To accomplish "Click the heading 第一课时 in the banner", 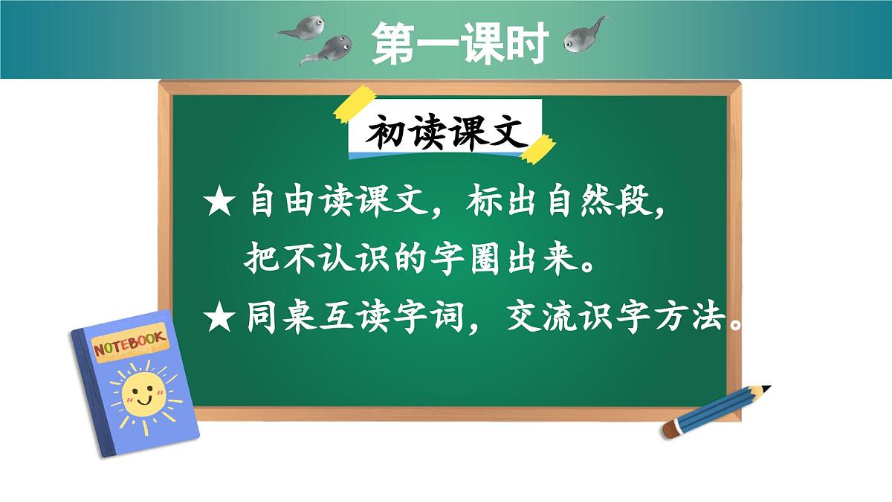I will (461, 42).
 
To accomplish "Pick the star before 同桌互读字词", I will (219, 319).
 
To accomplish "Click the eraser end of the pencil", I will (670, 430).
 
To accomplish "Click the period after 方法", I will (735, 325).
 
